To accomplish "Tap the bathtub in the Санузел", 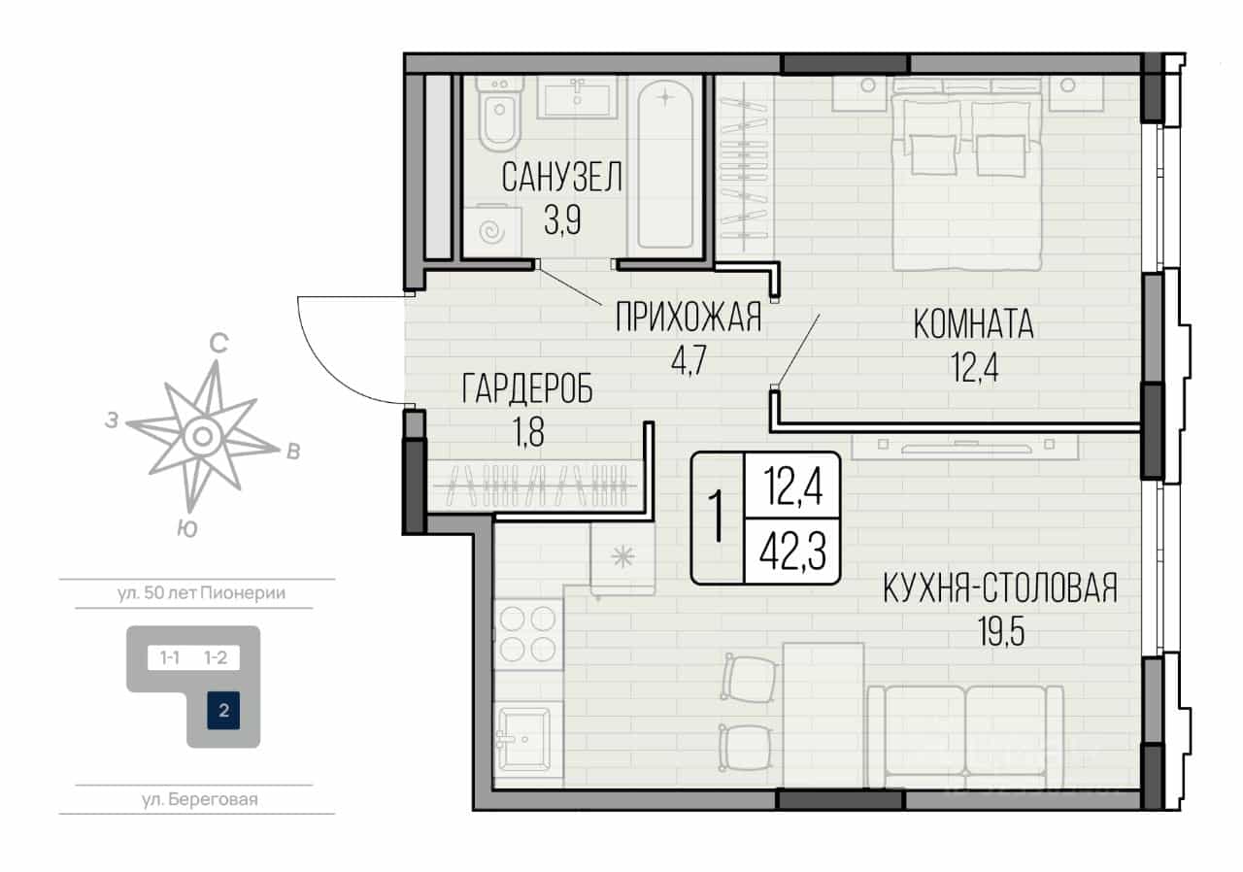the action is [x=665, y=165].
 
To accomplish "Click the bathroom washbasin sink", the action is [x=577, y=98].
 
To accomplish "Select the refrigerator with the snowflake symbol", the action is [x=622, y=557].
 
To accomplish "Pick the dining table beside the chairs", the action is [x=823, y=715].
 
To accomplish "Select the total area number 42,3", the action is [x=793, y=552].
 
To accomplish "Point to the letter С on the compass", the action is [x=218, y=344].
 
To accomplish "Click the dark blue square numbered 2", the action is [x=223, y=710].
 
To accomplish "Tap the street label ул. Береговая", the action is [x=200, y=799].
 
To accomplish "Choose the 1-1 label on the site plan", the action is [x=170, y=657].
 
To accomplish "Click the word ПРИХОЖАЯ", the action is [x=689, y=318].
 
